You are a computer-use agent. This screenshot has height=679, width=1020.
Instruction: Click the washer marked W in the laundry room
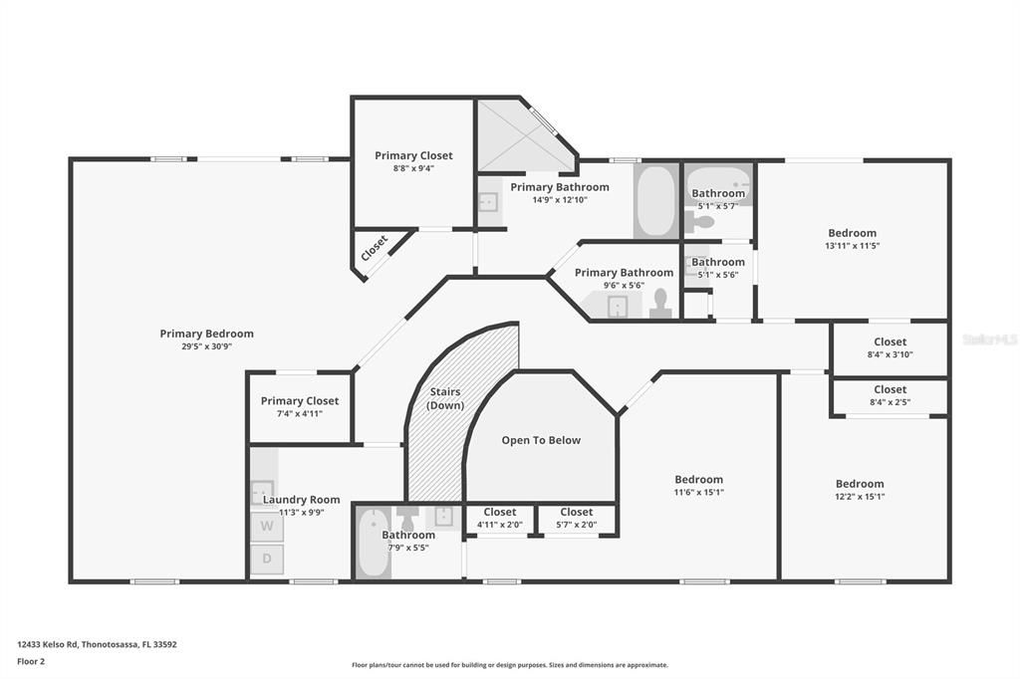pos(266,525)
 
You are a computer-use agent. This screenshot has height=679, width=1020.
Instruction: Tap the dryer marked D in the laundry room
pos(266,559)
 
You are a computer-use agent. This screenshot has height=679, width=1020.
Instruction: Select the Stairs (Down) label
pos(445,398)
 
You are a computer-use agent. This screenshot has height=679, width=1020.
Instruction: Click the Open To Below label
pos(541,440)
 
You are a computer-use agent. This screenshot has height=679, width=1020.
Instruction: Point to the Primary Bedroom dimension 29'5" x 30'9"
pos(206,347)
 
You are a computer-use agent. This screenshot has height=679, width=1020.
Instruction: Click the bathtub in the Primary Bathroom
pos(655,202)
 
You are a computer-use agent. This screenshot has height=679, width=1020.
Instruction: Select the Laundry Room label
pos(301,500)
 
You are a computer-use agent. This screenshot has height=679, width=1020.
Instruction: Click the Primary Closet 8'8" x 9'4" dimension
pos(413,168)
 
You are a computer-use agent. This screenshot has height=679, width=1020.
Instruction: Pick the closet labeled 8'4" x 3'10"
pos(890,348)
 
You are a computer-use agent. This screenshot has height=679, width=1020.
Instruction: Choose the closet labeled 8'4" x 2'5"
pos(890,396)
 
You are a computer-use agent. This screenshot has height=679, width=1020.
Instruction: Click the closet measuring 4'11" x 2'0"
pos(499,519)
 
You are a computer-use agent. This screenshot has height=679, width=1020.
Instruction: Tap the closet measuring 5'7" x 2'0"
pos(576,519)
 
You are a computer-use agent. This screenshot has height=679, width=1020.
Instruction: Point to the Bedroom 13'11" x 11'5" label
pos(852,233)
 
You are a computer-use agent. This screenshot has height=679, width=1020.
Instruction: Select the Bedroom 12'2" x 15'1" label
pos(859,484)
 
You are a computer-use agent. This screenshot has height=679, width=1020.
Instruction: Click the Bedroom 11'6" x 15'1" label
pos(698,480)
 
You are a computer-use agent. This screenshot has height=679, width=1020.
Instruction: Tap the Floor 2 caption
pos(31,660)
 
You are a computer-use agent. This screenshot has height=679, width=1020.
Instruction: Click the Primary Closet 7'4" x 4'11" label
pos(300,401)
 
